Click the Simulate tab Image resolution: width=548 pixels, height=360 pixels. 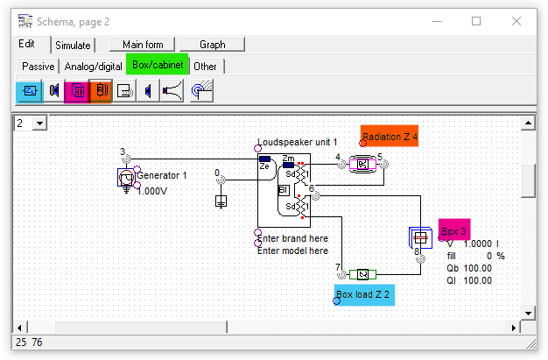coord(72,45)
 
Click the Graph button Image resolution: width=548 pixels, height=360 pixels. coord(213,44)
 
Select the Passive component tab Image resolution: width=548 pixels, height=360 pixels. coord(38,66)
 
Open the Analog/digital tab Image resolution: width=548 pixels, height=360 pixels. coord(93,66)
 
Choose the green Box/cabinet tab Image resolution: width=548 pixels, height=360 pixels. coord(159,65)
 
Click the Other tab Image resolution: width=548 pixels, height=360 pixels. coord(206,66)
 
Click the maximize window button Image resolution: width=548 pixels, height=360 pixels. coord(477,21)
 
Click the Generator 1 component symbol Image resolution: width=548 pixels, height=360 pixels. coord(126,180)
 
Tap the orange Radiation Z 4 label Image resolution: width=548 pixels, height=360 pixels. coord(390,137)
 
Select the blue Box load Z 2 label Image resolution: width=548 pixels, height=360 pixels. coord(365,294)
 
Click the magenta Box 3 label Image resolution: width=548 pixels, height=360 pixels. coord(454,231)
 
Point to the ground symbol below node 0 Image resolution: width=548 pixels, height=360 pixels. coord(220,202)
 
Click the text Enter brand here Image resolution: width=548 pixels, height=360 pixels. coord(292,238)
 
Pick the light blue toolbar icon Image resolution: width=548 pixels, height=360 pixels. coord(29,90)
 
